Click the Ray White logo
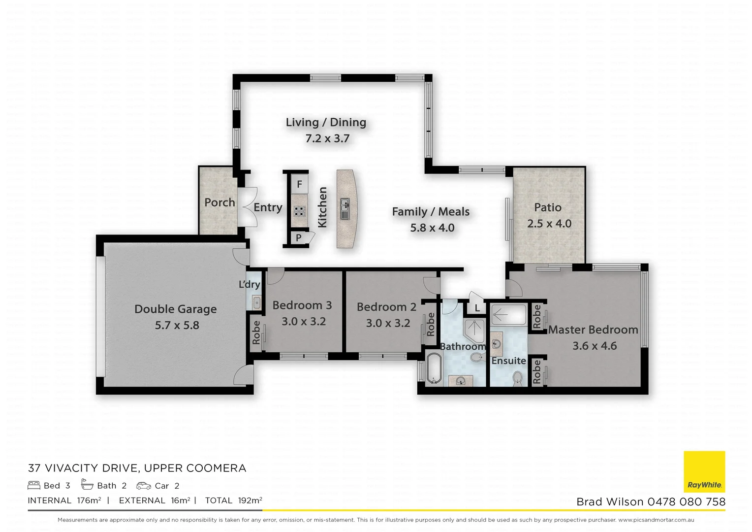[704, 471]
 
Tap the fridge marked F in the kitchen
[299, 184]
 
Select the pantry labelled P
[298, 238]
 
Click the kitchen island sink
[345, 209]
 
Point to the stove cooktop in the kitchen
[299, 211]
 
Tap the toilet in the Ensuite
[517, 378]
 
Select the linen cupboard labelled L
[477, 308]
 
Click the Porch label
[219, 202]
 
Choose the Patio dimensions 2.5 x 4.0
[549, 224]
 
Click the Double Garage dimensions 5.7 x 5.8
[177, 325]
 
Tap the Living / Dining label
[326, 122]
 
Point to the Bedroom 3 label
[302, 305]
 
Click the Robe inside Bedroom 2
[431, 324]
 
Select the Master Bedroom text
[593, 330]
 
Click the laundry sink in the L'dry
[256, 302]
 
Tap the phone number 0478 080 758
[686, 501]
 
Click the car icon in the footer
[144, 486]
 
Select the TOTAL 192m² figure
[233, 500]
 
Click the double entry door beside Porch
[246, 207]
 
